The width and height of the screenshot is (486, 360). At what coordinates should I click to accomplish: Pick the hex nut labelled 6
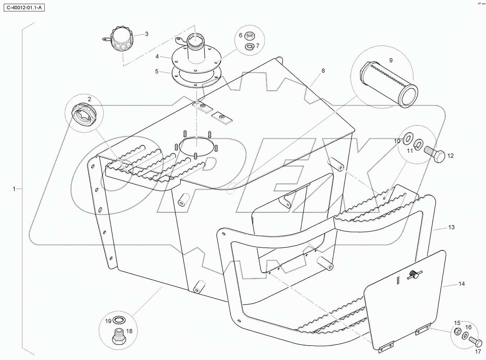(x=248, y=36)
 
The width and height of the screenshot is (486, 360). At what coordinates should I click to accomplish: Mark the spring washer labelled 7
(x=248, y=46)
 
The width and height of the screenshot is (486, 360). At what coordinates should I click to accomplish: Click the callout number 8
(x=323, y=71)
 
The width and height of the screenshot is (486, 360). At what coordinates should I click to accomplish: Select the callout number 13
(x=451, y=227)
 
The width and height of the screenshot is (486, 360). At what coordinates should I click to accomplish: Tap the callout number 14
(x=462, y=284)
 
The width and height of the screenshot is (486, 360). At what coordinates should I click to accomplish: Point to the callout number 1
(x=14, y=189)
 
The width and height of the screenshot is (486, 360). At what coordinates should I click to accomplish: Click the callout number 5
(x=157, y=71)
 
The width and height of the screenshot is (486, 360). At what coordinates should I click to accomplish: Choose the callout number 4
(x=157, y=57)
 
